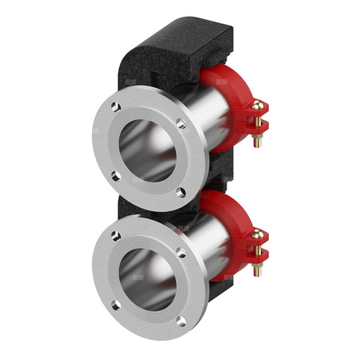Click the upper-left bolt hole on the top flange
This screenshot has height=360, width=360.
click(x=117, y=106)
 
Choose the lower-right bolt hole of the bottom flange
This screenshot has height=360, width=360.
click(x=180, y=322)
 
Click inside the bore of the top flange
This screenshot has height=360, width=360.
click(x=149, y=149)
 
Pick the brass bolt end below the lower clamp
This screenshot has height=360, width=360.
click(x=257, y=270)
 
